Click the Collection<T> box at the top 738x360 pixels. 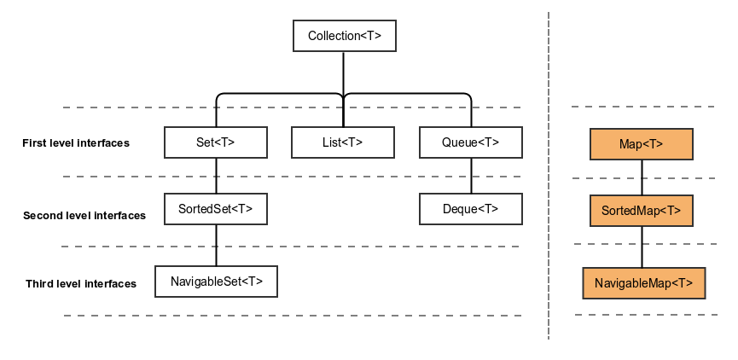pyautogui.click(x=344, y=36)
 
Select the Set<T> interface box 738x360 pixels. pyautogui.click(x=215, y=142)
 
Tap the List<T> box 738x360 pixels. pyautogui.click(x=343, y=142)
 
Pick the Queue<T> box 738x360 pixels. pyautogui.click(x=471, y=142)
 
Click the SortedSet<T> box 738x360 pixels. pyautogui.click(x=215, y=208)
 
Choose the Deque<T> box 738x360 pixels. pyautogui.click(x=471, y=208)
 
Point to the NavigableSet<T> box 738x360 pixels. pyautogui.click(x=216, y=281)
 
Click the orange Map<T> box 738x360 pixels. pyautogui.click(x=642, y=144)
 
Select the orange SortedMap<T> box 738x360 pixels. pyautogui.click(x=642, y=210)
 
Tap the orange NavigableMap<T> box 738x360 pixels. pyautogui.click(x=644, y=282)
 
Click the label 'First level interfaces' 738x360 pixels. pyautogui.click(x=76, y=143)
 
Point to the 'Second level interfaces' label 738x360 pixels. pyautogui.click(x=84, y=216)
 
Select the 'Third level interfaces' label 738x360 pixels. pyautogui.click(x=81, y=284)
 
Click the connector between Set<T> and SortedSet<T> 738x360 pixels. pyautogui.click(x=215, y=175)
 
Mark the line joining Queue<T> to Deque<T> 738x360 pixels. pyautogui.click(x=471, y=175)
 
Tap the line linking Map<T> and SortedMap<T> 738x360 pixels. pyautogui.click(x=642, y=177)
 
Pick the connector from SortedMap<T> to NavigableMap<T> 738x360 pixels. pyautogui.click(x=642, y=247)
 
